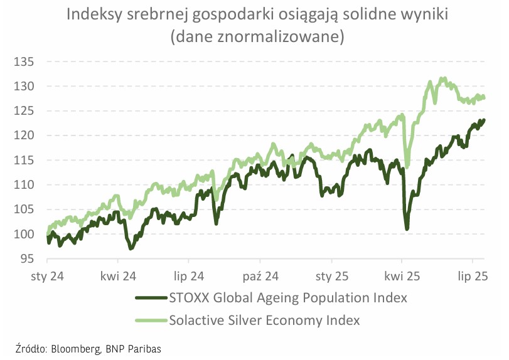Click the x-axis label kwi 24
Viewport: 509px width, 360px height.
click(x=119, y=276)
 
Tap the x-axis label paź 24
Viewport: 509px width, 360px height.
click(x=260, y=276)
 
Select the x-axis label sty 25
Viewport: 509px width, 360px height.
click(x=332, y=276)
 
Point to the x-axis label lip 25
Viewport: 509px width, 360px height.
click(x=473, y=276)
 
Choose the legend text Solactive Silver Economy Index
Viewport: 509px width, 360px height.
click(x=264, y=320)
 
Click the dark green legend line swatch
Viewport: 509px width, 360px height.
click(x=151, y=297)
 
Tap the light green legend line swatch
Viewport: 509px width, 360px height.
click(x=151, y=320)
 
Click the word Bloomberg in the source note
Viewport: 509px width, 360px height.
click(x=78, y=349)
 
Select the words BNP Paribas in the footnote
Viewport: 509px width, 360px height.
click(x=134, y=349)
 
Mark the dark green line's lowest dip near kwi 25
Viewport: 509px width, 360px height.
click(x=407, y=229)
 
